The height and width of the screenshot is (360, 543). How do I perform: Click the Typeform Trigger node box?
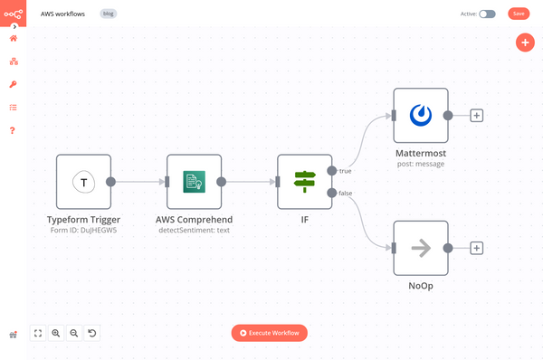(83, 182)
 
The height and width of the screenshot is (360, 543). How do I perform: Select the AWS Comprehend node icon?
(194, 182)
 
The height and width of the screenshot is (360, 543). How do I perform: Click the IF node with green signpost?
(304, 182)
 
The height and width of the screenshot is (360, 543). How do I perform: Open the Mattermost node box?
(420, 115)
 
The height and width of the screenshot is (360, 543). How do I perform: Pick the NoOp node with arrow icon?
(420, 248)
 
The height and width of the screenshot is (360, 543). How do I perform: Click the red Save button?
(518, 14)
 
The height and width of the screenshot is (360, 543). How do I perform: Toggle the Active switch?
(487, 14)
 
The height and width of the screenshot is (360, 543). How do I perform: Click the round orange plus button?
(525, 43)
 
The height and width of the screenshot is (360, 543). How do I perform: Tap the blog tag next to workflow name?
(108, 14)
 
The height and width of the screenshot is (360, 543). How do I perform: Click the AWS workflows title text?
(63, 14)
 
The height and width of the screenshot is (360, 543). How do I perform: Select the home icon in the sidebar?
(14, 38)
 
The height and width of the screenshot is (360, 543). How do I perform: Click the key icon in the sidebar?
(14, 84)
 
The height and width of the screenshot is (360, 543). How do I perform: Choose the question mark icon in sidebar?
(14, 130)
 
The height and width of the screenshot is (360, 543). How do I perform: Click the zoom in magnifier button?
(56, 333)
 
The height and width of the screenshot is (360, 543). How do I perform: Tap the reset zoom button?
(92, 333)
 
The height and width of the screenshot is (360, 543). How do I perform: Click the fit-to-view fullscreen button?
(38, 333)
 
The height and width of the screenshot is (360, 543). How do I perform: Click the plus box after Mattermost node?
(477, 115)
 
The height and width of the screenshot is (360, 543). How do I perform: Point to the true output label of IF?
(346, 170)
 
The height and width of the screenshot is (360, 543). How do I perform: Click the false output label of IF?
(347, 193)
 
